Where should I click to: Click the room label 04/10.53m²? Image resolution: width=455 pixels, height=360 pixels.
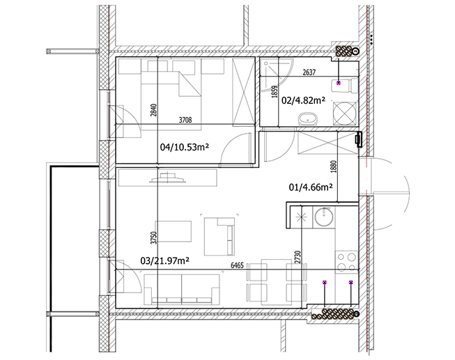[x=185, y=147]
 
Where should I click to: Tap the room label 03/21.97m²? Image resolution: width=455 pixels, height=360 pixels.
[x=165, y=261]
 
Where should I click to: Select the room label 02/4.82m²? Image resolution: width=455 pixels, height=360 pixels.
[x=303, y=100]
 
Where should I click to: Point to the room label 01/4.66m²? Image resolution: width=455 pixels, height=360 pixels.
[x=311, y=187]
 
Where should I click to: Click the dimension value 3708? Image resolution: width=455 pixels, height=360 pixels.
[x=185, y=120]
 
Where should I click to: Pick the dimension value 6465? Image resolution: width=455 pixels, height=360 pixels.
[x=237, y=266]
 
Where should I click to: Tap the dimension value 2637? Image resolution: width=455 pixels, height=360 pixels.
[x=309, y=72]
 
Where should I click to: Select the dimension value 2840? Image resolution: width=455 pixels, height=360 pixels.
[x=154, y=110]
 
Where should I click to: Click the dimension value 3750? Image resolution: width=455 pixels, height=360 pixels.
[x=154, y=238]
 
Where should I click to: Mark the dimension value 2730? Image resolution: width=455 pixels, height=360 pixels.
[x=298, y=258]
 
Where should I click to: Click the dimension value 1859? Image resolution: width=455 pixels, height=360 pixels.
[x=275, y=91]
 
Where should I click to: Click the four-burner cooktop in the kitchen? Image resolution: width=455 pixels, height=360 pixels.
[x=347, y=262]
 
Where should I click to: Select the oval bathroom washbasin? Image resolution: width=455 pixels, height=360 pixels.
[x=307, y=119]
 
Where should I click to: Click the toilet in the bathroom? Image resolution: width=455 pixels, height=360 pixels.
[x=346, y=85]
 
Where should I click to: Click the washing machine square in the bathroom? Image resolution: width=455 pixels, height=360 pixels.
[x=345, y=114]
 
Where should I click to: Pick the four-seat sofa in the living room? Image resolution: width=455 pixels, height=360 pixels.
[x=182, y=290]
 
